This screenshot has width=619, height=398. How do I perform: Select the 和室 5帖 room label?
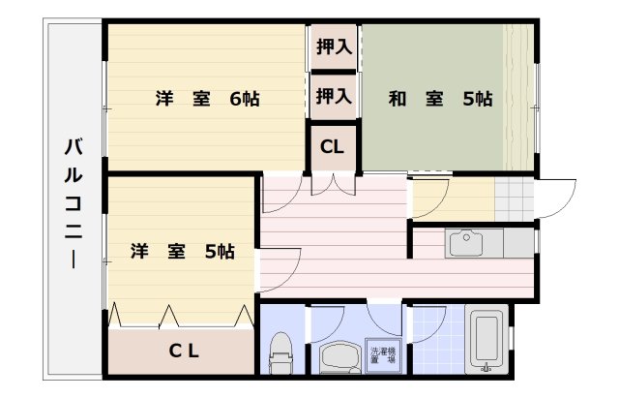click(x=440, y=98)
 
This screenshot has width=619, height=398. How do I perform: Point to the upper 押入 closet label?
click(x=334, y=46)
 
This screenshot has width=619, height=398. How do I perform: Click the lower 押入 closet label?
click(x=334, y=96)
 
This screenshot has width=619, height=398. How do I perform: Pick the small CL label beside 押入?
click(x=332, y=148)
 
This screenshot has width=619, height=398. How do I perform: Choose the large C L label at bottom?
click(x=185, y=351)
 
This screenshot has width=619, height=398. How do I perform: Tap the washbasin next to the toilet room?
click(x=339, y=357)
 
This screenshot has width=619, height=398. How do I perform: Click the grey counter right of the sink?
click(x=518, y=243)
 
